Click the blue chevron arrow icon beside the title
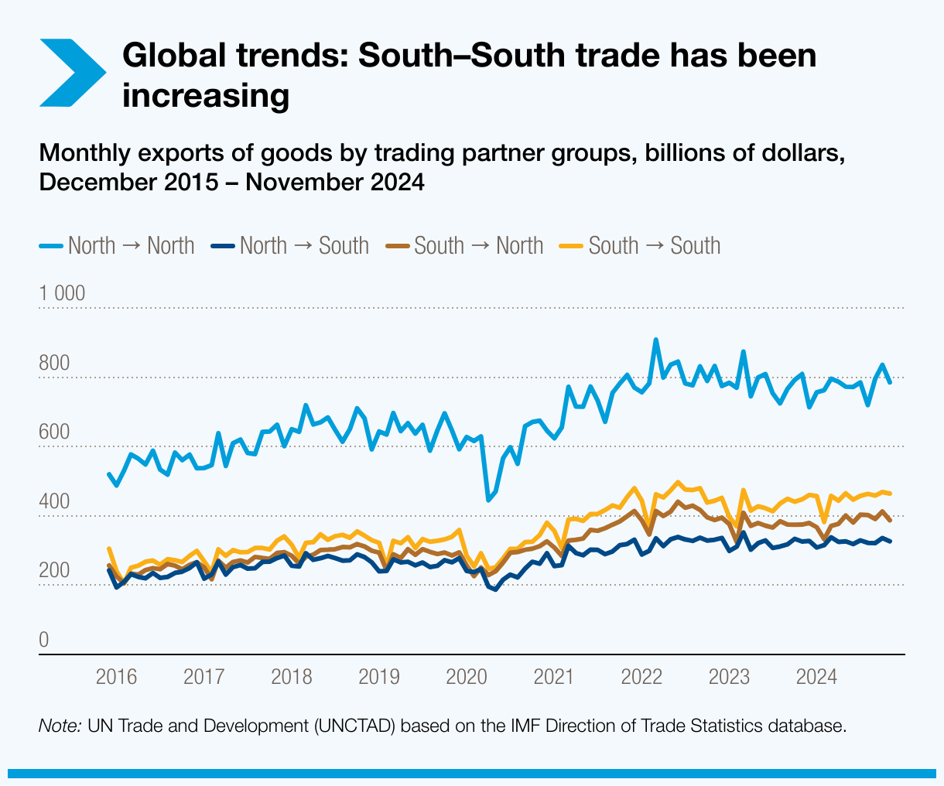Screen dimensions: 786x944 [72, 72]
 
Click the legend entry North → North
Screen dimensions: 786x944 [117, 246]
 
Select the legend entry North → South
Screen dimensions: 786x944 [292, 246]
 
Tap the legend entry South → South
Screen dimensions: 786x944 [641, 246]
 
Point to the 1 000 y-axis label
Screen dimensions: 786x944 [63, 293]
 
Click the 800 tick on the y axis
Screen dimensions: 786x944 [55, 363]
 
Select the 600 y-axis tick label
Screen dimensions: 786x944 [55, 432]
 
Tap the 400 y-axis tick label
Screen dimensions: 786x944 [55, 502]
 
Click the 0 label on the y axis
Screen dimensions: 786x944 [44, 641]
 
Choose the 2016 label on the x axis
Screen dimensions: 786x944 [116, 678]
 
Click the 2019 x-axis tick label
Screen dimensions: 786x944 [379, 678]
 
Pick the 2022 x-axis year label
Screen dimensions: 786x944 [641, 678]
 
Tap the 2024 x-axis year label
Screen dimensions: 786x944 [816, 678]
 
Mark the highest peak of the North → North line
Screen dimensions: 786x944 [655, 340]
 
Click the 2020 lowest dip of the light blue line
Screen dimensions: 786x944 [488, 500]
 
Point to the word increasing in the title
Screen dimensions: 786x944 [207, 96]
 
